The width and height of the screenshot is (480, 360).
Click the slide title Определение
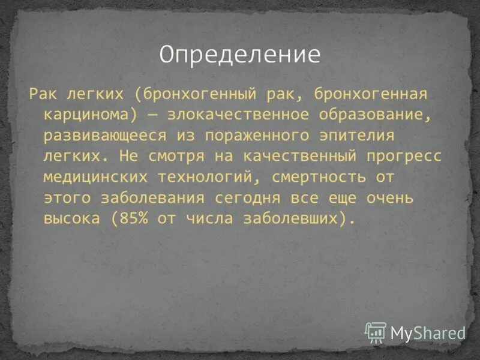(240, 55)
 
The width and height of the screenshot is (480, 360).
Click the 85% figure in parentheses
(133, 219)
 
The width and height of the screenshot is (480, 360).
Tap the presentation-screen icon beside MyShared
(376, 332)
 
